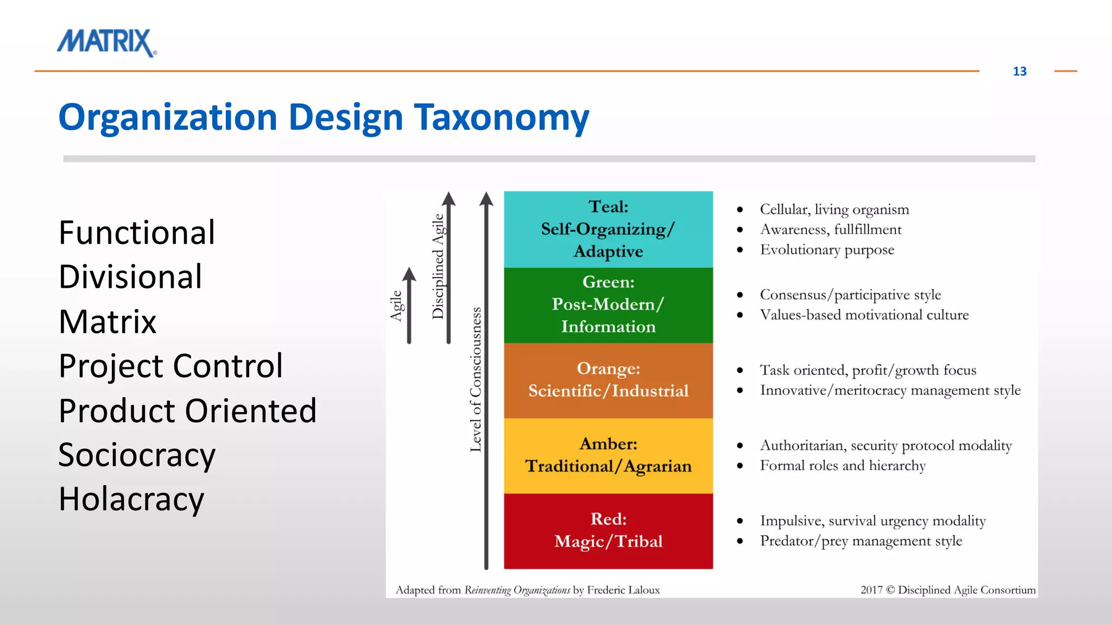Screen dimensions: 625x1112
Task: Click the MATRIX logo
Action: point(106,42)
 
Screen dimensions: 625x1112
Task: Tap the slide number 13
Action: point(1019,72)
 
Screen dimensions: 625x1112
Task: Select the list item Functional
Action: point(137,233)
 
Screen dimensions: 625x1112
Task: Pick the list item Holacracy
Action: point(131,499)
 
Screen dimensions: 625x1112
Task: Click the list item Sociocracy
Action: point(137,455)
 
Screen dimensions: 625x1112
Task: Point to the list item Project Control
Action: point(170,366)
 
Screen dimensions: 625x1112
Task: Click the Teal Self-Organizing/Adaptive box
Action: point(608,229)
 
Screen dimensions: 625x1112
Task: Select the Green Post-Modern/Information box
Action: point(608,304)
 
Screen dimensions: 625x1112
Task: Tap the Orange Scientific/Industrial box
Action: point(608,380)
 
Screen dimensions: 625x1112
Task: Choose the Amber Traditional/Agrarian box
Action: point(608,455)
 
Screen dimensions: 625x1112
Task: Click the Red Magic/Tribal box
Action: point(608,531)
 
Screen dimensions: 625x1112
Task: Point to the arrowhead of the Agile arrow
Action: point(409,274)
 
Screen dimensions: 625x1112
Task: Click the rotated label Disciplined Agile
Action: point(438,266)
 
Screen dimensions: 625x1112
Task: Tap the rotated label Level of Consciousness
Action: point(476,379)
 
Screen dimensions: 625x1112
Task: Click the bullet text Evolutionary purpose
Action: point(826,250)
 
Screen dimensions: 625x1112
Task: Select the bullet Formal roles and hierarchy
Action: point(842,466)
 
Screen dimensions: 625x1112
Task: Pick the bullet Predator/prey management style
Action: point(861,541)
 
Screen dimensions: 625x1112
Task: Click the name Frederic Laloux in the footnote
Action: point(623,590)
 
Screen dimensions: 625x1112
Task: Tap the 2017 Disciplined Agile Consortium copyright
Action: point(947,590)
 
